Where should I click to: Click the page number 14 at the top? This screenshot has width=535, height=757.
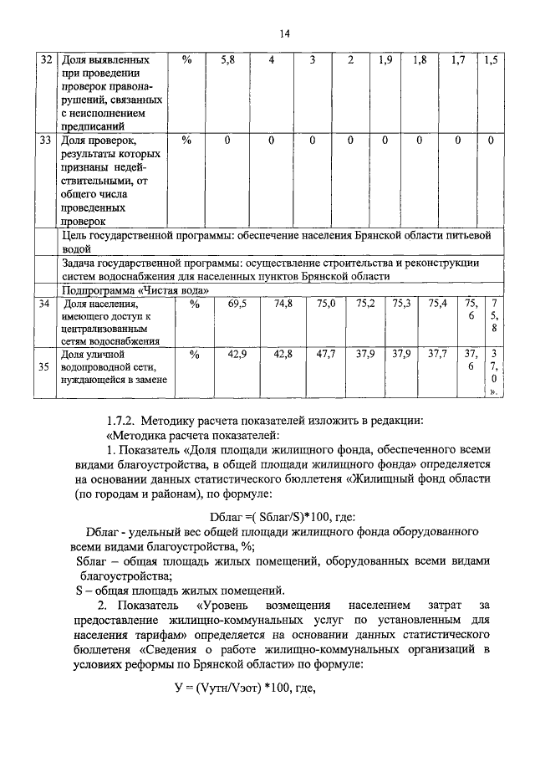point(284,33)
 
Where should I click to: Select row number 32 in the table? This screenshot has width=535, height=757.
point(47,61)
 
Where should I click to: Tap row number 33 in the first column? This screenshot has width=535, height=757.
point(47,141)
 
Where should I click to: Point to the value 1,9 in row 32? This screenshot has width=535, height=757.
point(385,61)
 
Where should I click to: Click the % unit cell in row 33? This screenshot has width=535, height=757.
point(186,141)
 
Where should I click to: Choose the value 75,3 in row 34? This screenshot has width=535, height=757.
point(401,304)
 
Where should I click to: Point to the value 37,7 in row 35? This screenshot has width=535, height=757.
point(437,355)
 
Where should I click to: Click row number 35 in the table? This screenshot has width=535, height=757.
point(47,366)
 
